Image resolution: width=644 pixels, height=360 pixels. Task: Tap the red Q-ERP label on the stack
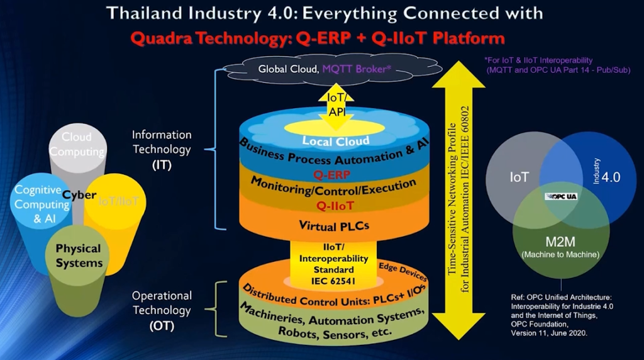pyautogui.click(x=333, y=174)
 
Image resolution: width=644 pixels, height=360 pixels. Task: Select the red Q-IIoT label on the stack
pyautogui.click(x=333, y=205)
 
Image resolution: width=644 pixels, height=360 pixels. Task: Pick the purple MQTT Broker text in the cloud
pyautogui.click(x=358, y=69)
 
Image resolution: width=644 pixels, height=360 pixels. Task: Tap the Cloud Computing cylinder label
pyautogui.click(x=77, y=144)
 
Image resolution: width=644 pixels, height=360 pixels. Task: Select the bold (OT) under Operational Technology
pyautogui.click(x=162, y=325)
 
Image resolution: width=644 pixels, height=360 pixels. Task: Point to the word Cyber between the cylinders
pyautogui.click(x=79, y=195)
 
